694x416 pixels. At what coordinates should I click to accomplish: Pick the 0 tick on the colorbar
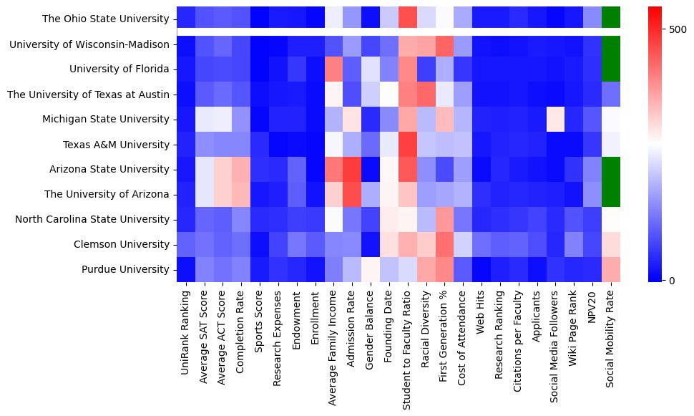coord(672,280)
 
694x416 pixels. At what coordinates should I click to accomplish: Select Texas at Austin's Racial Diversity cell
coord(425,94)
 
